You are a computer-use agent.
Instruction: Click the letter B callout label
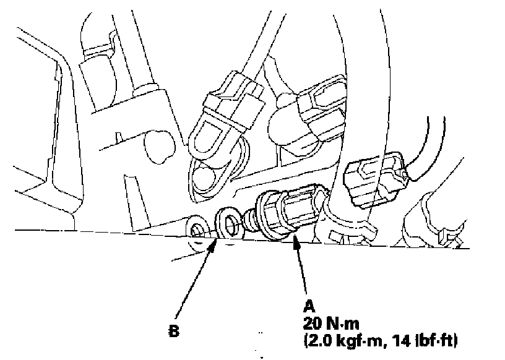click(174, 331)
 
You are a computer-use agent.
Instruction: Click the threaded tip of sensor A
click(251, 218)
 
